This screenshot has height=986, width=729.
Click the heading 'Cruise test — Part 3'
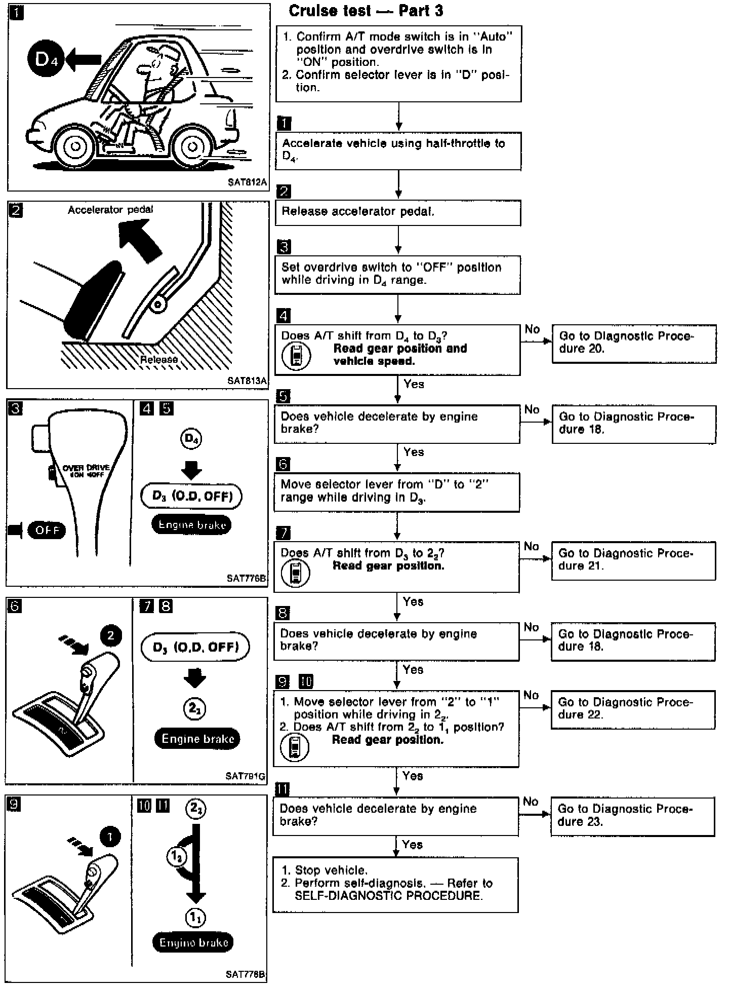click(366, 11)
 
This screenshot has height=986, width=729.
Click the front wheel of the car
click(76, 146)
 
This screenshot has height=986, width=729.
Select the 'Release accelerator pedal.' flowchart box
click(397, 213)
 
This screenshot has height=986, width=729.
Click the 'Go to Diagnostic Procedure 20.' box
click(634, 344)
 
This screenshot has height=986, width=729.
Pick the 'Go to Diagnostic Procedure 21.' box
click(633, 560)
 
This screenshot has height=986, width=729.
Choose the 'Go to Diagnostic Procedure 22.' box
click(633, 709)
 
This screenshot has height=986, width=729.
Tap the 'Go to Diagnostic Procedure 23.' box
click(632, 816)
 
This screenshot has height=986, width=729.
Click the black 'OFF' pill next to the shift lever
click(47, 530)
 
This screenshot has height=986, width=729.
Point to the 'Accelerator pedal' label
click(110, 210)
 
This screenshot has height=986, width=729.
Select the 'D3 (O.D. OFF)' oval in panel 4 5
click(192, 496)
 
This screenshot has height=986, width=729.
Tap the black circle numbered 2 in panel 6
click(111, 636)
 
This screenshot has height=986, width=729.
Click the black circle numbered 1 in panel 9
click(110, 837)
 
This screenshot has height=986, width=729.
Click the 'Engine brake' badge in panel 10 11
click(193, 942)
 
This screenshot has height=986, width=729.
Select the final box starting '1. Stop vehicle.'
click(395, 885)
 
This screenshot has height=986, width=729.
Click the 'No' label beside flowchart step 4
click(532, 329)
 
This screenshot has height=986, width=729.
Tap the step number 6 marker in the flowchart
click(283, 464)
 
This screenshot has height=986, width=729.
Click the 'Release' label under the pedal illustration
click(159, 359)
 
